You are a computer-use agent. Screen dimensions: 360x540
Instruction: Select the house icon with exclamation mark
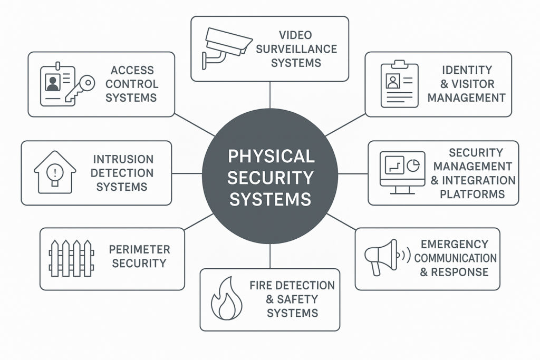[x=55, y=171]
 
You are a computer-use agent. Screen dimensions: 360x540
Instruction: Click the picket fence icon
[x=71, y=258]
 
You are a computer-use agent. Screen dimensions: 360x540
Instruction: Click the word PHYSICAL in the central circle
[x=271, y=156]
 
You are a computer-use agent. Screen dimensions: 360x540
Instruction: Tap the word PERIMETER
[x=139, y=249]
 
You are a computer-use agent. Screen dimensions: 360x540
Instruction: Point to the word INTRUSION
[x=123, y=159]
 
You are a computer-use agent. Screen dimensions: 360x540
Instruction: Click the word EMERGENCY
[x=455, y=244]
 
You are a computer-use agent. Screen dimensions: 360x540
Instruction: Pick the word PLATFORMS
[x=472, y=194]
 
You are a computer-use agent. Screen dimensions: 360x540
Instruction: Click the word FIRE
[x=261, y=285]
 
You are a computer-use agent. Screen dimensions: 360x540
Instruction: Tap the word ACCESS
[x=132, y=70]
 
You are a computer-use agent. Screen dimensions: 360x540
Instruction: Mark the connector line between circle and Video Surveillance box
[x=270, y=95]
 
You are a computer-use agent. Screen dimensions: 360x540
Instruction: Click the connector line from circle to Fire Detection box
[x=270, y=256]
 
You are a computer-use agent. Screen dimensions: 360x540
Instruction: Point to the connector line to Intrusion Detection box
[x=187, y=173]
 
